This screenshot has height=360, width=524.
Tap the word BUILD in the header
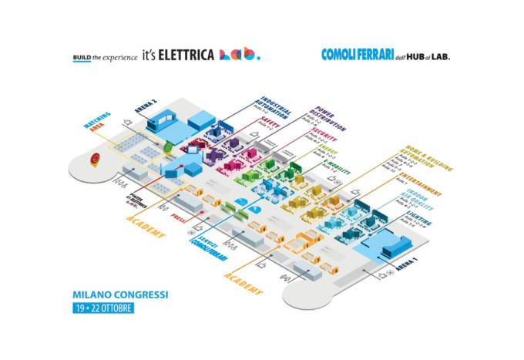(x=82, y=56)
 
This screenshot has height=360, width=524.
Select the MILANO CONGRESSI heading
(x=117, y=294)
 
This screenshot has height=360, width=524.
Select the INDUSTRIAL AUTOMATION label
(x=274, y=113)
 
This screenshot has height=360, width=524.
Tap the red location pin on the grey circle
(x=95, y=159)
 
